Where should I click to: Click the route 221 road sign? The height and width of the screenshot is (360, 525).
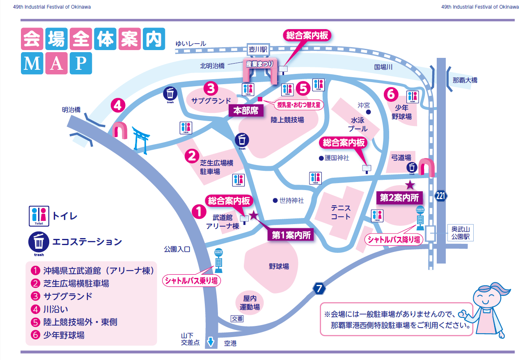[x=440, y=196]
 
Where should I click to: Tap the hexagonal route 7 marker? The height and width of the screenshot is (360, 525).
[x=319, y=289]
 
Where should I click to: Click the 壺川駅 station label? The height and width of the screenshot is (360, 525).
[x=258, y=49]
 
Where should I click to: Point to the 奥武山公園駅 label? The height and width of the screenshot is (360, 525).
[x=462, y=233]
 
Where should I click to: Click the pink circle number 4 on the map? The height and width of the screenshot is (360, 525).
[x=118, y=106]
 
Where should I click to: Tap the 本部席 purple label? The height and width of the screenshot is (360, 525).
[x=245, y=111]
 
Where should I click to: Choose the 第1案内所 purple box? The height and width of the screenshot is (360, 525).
[x=291, y=235]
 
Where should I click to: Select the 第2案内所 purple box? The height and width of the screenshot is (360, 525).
[x=399, y=197]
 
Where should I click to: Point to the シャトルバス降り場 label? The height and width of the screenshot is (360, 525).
[x=394, y=239]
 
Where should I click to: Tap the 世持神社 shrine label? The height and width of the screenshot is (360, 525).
[x=291, y=201]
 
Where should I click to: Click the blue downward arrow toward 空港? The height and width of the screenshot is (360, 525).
[x=211, y=342]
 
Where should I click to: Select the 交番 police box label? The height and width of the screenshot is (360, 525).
[x=237, y=319]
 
